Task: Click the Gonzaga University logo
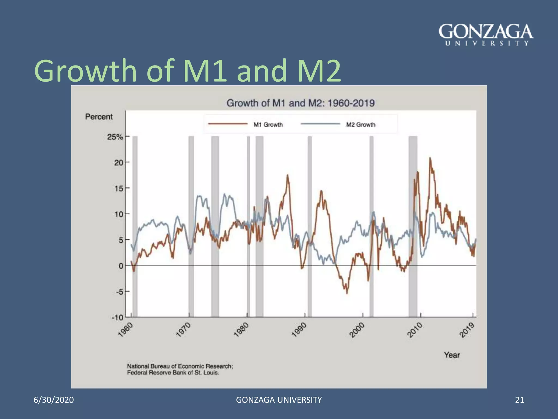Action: pyautogui.click(x=486, y=35)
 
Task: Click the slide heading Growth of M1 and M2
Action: pyautogui.click(x=187, y=71)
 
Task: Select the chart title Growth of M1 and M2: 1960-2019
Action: pyautogui.click(x=301, y=103)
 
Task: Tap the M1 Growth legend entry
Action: pyautogui.click(x=268, y=125)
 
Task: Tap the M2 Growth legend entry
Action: pyautogui.click(x=360, y=125)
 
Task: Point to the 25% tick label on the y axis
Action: pyautogui.click(x=115, y=137)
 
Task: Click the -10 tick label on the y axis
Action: pyautogui.click(x=117, y=318)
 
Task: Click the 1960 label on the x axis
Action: pyautogui.click(x=126, y=330)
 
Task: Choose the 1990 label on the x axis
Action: pyautogui.click(x=299, y=330)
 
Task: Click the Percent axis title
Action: pyautogui.click(x=99, y=117)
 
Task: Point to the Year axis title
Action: pyautogui.click(x=452, y=355)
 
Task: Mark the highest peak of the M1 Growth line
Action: pyautogui.click(x=430, y=158)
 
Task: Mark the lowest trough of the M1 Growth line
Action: pyautogui.click(x=347, y=293)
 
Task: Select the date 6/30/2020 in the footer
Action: pyautogui.click(x=54, y=400)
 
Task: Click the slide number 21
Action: pyautogui.click(x=520, y=400)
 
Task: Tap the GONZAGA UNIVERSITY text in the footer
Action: pyautogui.click(x=279, y=400)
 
